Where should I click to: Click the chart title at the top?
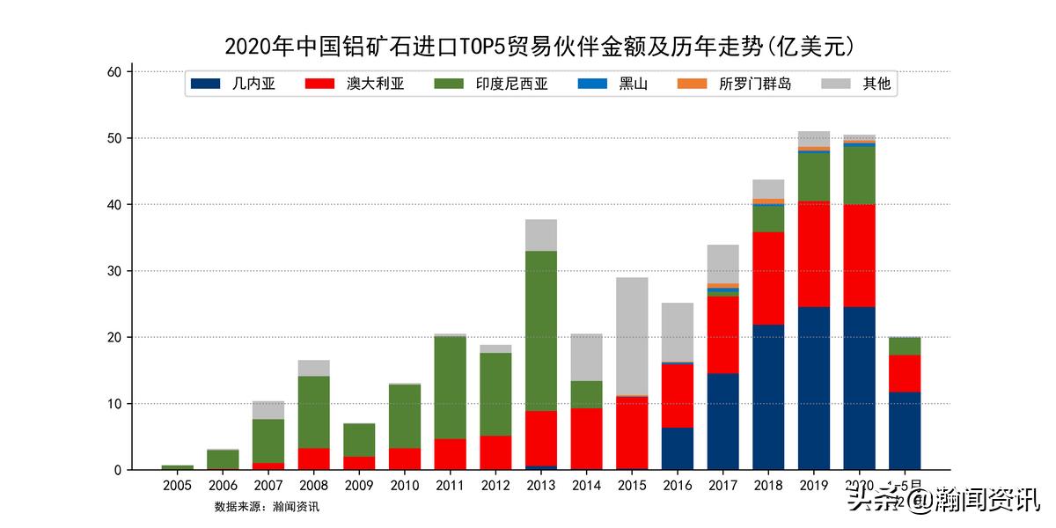point(539,46)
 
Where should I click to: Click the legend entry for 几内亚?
point(233,84)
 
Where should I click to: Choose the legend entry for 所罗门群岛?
point(734,84)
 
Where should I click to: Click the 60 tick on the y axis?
point(114,72)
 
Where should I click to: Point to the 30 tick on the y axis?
point(114,271)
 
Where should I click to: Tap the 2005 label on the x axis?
point(178,486)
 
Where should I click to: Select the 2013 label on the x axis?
point(541,486)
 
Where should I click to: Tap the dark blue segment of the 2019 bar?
point(814,388)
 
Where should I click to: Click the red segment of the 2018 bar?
point(768,278)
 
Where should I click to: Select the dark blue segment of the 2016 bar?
point(678,448)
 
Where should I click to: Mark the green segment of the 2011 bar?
point(450,387)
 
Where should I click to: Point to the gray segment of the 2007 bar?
point(268,410)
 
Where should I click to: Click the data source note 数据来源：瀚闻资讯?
point(267,507)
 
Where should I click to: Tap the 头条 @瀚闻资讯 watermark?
point(942,501)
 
